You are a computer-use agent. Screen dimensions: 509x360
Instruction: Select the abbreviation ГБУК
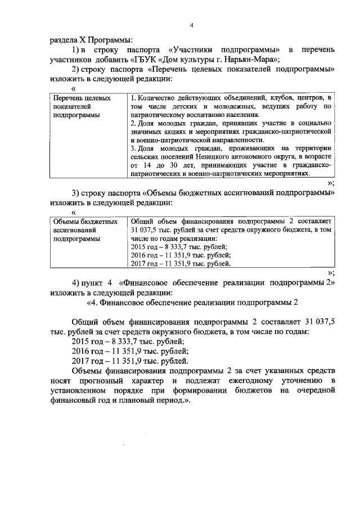pos(145,61)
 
